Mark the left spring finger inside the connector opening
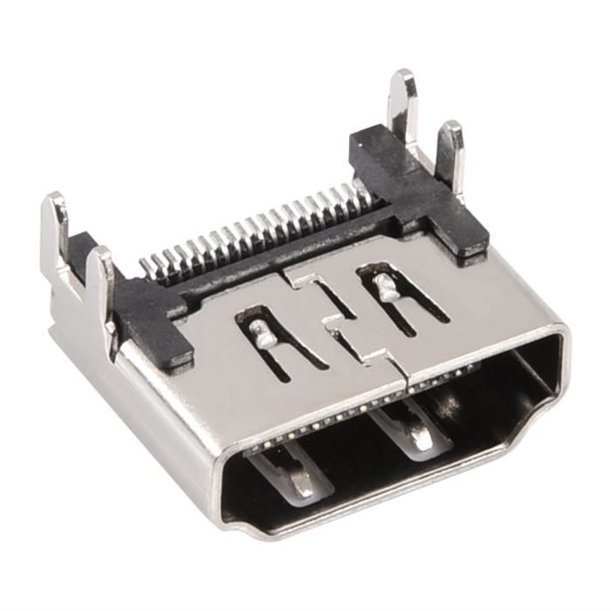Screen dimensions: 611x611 [x=292, y=471]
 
